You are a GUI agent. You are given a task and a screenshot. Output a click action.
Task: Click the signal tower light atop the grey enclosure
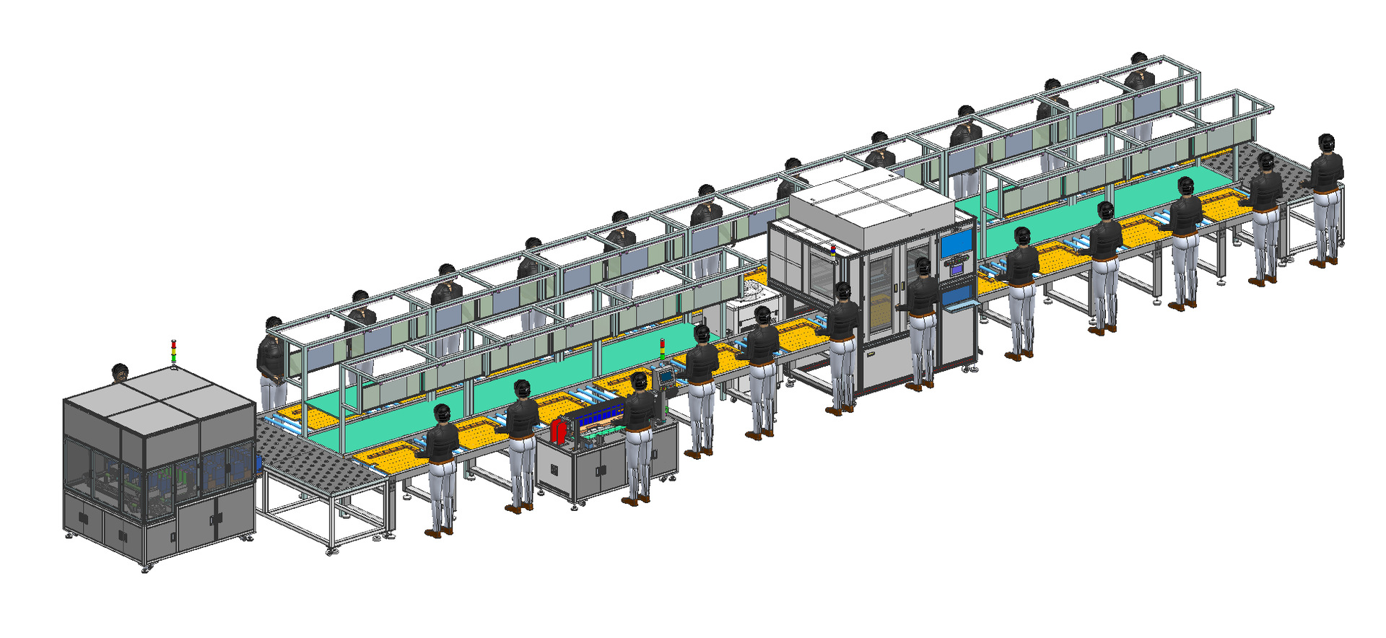[x=173, y=353]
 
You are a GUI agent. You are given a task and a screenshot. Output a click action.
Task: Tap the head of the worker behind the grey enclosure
[x=121, y=372]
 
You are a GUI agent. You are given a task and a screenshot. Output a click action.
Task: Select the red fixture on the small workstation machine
[x=558, y=432]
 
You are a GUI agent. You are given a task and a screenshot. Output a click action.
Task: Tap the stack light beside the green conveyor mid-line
[x=663, y=349]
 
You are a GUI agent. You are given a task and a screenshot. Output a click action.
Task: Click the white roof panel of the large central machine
[x=871, y=198]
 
